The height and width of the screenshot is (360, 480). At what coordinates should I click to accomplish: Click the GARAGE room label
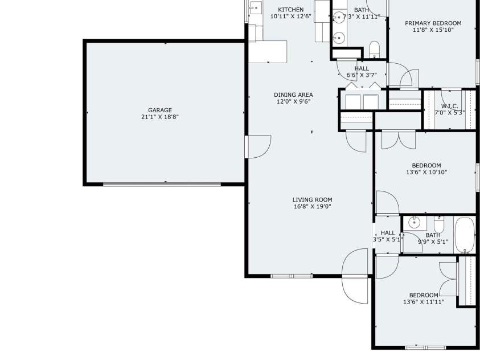(160, 110)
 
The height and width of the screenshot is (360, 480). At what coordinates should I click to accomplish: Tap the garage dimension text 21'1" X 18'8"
(160, 117)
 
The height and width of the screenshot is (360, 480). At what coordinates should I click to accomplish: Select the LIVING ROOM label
(312, 200)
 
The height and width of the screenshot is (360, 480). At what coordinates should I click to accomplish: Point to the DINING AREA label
(293, 95)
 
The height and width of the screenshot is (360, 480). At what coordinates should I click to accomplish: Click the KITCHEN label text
(291, 10)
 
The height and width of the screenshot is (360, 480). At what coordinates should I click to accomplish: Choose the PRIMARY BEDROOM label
(433, 23)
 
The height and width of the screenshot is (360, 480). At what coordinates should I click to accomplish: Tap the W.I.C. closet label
(450, 106)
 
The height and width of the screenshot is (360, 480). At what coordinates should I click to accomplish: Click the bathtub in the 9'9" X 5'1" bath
(465, 235)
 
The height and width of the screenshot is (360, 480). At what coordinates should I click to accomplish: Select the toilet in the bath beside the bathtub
(439, 224)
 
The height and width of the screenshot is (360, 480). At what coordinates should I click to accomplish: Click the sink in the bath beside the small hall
(414, 223)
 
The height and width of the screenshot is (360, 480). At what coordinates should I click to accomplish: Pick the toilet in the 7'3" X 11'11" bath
(375, 50)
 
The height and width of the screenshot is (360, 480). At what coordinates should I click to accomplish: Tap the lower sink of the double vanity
(339, 38)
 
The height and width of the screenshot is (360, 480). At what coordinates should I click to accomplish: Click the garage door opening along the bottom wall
(162, 185)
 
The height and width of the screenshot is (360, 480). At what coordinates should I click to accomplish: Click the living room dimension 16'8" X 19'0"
(312, 207)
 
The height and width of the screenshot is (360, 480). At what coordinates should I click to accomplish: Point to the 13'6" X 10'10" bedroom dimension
(426, 173)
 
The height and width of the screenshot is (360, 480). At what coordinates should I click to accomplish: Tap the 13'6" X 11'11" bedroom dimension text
(424, 302)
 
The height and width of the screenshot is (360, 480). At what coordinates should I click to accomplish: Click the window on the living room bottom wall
(292, 276)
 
